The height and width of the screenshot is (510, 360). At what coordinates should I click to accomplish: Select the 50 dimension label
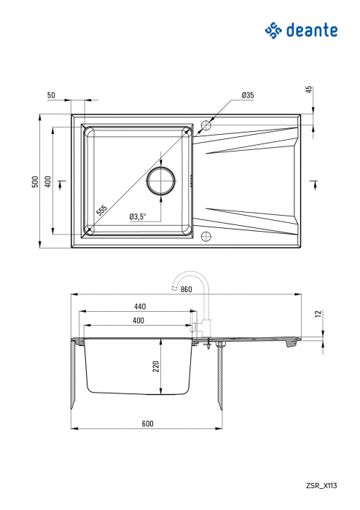click(51, 95)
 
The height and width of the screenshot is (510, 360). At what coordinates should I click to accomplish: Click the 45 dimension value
click(309, 90)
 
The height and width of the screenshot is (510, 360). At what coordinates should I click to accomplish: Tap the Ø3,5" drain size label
click(138, 216)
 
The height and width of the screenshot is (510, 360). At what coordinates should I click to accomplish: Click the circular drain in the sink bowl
click(161, 180)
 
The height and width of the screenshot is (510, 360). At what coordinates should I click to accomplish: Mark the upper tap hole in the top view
click(205, 125)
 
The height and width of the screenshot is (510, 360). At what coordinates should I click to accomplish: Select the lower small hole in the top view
click(206, 235)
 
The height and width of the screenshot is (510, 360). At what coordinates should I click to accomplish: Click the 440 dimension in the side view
click(140, 306)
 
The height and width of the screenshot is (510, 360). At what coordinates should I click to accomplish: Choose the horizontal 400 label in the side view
click(138, 321)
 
